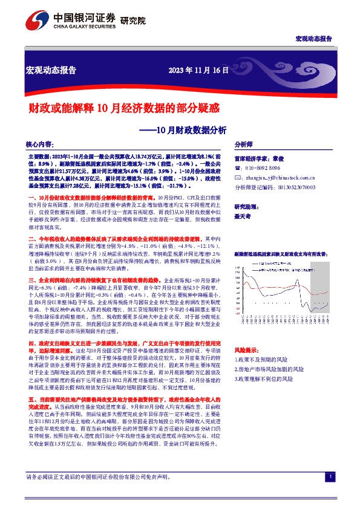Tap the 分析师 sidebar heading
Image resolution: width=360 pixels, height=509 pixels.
[243, 146]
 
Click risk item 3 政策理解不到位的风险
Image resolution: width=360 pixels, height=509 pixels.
[269, 378]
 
